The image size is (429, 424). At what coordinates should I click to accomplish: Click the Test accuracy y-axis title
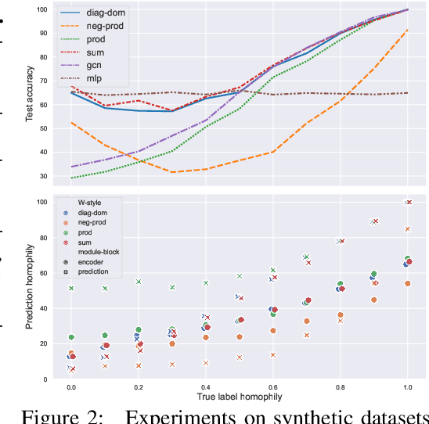pos(30,93)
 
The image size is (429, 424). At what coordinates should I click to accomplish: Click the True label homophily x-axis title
pos(240,397)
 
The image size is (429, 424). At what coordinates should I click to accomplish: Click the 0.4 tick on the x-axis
pos(206,386)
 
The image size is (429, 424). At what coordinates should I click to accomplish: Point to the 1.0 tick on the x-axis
pos(408,386)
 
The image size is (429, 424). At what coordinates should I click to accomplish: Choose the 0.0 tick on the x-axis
pos(71,386)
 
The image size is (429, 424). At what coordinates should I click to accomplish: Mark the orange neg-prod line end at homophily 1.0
pos(408,30)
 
